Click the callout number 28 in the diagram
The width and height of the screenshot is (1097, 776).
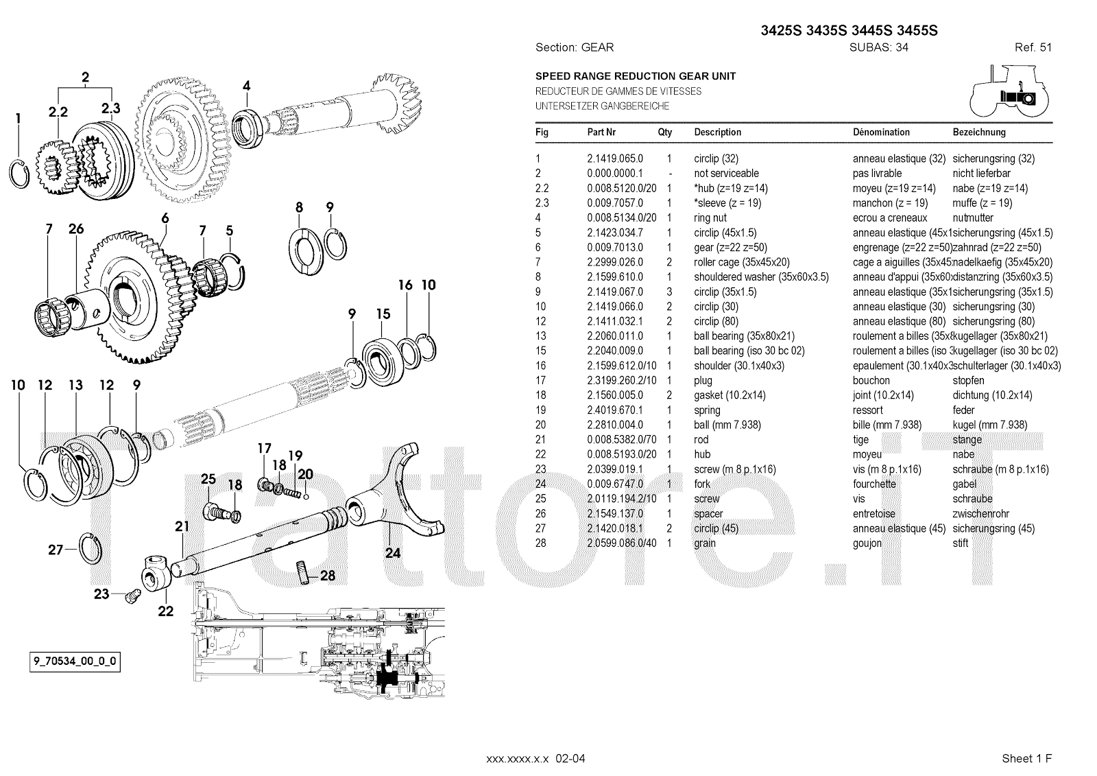pos(328,575)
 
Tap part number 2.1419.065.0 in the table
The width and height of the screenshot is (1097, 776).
pos(614,158)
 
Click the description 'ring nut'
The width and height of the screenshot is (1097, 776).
pos(710,217)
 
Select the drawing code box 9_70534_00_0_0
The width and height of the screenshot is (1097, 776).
pos(75,662)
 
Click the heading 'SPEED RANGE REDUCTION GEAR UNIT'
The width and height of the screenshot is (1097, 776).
pos(636,76)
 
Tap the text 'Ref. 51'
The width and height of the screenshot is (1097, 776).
pos(1033,47)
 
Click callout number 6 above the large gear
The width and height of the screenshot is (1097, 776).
pos(165,218)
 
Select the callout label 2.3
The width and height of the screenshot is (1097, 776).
pos(110,108)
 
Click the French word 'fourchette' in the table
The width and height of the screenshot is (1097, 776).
pos(874,484)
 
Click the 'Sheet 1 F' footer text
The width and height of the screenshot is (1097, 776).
pos(1026,758)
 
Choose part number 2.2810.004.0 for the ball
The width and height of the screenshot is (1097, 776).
pos(614,425)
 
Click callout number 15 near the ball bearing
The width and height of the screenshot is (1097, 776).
pos(383,314)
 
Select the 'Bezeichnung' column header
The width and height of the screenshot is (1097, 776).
pos(979,132)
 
